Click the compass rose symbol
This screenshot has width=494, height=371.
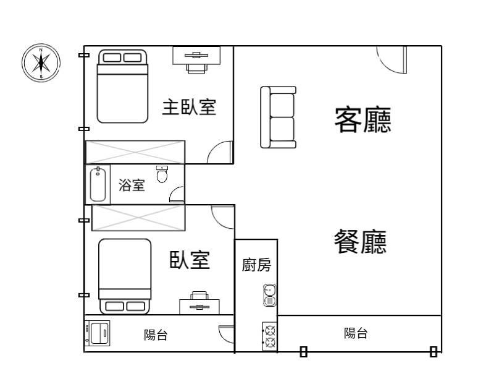41,63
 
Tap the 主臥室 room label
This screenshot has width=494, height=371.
189,107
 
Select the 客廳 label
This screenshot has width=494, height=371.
362,120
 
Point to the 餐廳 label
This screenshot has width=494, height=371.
360,241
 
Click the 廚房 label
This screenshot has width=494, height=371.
256,265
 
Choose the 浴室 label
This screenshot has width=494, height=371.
132,185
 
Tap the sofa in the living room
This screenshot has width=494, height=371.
278,117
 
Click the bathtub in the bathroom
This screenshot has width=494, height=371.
98,184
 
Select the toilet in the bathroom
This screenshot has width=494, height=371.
162,174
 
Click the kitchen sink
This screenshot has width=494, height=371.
270,296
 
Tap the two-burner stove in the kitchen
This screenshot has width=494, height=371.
270,336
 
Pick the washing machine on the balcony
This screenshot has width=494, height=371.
98,333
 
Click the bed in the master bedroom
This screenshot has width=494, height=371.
122,86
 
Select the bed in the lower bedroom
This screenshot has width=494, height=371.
125,276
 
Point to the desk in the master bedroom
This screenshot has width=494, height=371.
196,60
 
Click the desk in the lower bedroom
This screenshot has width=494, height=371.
199,302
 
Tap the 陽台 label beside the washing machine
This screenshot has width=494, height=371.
156,335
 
